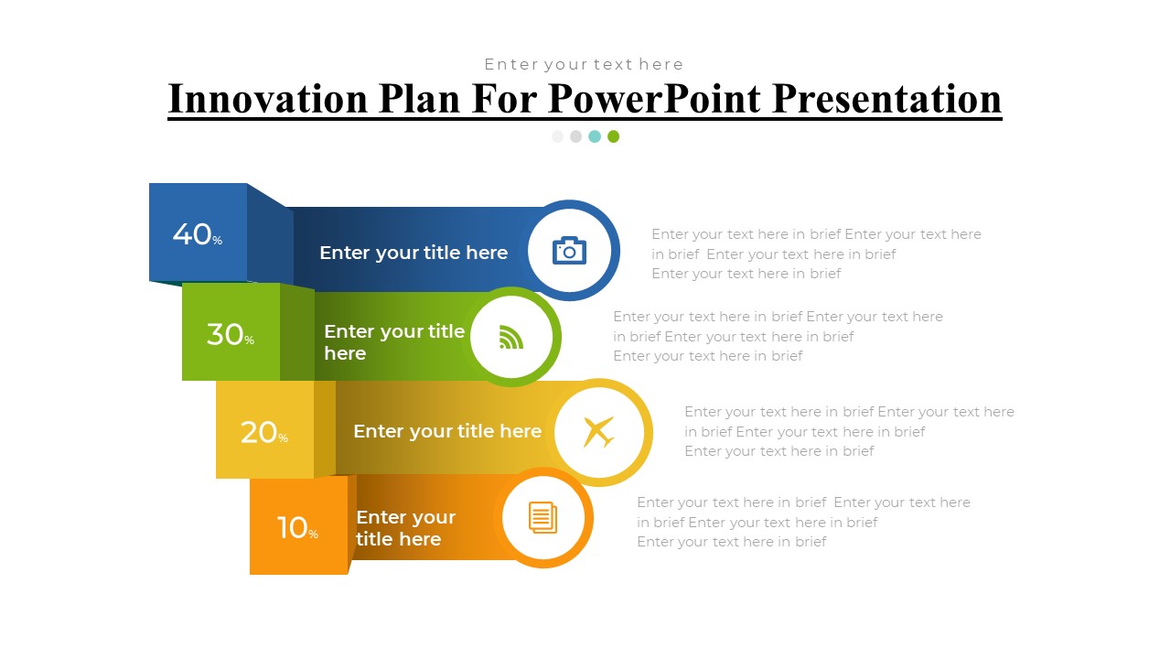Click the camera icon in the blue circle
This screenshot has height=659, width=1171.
pyautogui.click(x=569, y=251)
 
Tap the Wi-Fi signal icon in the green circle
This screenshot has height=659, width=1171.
pyautogui.click(x=510, y=337)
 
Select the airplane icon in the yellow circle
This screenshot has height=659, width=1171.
pyautogui.click(x=598, y=432)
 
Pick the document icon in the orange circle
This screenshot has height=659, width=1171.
pyautogui.click(x=543, y=518)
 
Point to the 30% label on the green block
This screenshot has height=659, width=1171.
pyautogui.click(x=231, y=334)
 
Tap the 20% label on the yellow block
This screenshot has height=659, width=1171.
pyautogui.click(x=264, y=433)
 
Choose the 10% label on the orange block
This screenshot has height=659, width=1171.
pyautogui.click(x=297, y=527)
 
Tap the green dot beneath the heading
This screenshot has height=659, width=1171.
pyautogui.click(x=613, y=136)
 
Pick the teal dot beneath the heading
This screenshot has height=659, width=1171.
pyautogui.click(x=595, y=136)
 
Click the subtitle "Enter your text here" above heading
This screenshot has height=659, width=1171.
pyautogui.click(x=584, y=64)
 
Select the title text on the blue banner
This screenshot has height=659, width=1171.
pyautogui.click(x=414, y=253)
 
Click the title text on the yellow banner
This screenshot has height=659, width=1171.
pyautogui.click(x=447, y=431)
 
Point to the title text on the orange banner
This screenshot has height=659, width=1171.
pyautogui.click(x=405, y=528)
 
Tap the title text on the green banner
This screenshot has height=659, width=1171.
pyautogui.click(x=394, y=342)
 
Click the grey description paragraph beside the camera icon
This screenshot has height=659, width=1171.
pyautogui.click(x=816, y=254)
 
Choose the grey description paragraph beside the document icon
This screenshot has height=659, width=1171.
pyautogui.click(x=803, y=522)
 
